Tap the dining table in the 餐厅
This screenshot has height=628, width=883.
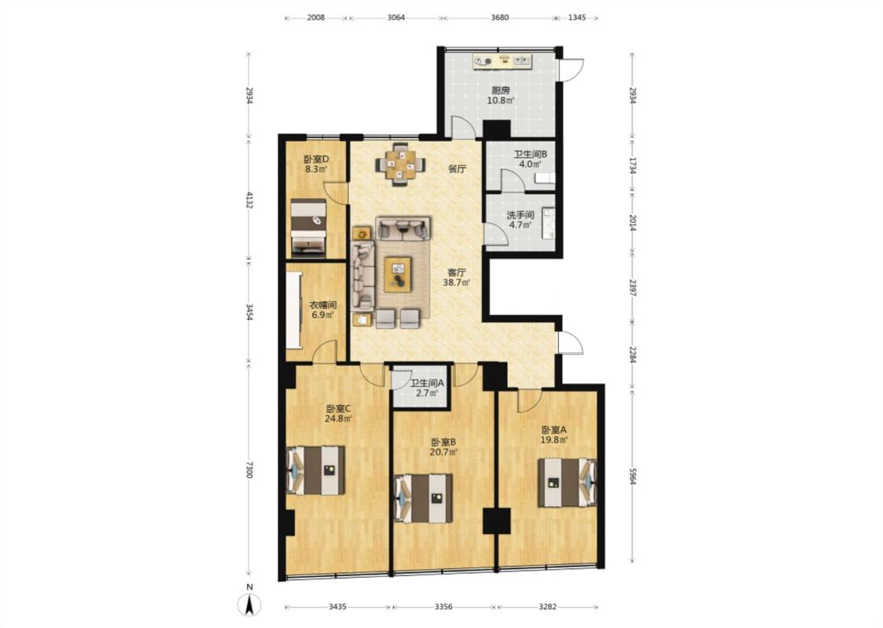400,164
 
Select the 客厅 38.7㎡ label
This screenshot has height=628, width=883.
457,278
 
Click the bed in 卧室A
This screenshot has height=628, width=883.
567,483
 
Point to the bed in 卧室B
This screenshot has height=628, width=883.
424,498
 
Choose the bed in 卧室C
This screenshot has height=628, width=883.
316,470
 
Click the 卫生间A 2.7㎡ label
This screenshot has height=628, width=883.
427,388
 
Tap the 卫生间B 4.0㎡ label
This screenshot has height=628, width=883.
530,159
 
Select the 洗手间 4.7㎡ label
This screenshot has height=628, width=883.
520,220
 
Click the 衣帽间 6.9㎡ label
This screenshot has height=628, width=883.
323,310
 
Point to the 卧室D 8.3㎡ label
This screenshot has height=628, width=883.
316,164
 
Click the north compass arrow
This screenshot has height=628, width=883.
250,604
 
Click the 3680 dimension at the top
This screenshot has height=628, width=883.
499,17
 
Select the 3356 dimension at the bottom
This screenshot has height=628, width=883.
443,607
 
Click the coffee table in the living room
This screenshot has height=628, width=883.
399,274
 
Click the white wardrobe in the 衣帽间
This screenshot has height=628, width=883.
294,311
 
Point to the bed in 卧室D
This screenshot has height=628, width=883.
308,228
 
